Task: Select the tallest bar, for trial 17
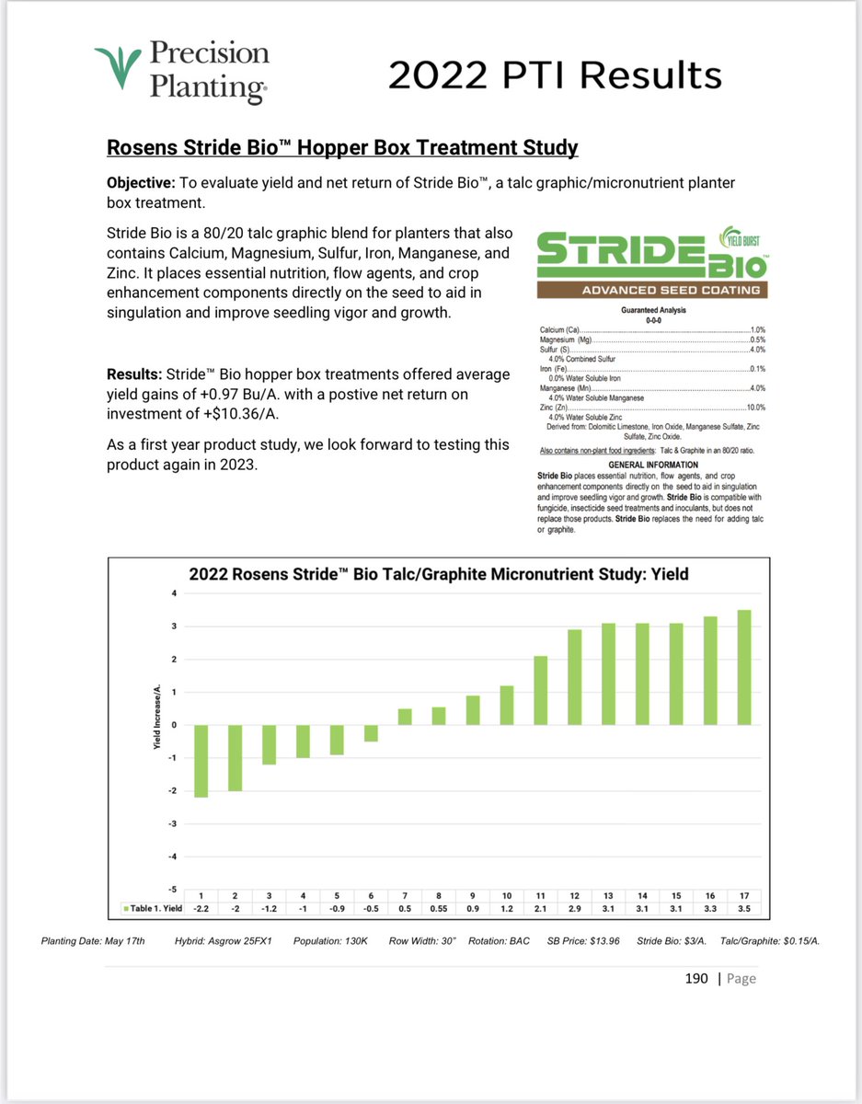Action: coord(743,667)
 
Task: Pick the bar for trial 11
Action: coord(541,690)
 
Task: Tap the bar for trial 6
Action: coord(371,732)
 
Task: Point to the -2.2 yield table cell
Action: coord(201,909)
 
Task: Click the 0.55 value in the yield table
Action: coord(439,909)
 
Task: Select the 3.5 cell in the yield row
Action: coord(743,909)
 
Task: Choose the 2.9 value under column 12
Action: coord(574,909)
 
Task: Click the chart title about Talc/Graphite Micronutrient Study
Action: coord(439,574)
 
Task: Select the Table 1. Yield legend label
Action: coord(152,909)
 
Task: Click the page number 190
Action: coord(696,978)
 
